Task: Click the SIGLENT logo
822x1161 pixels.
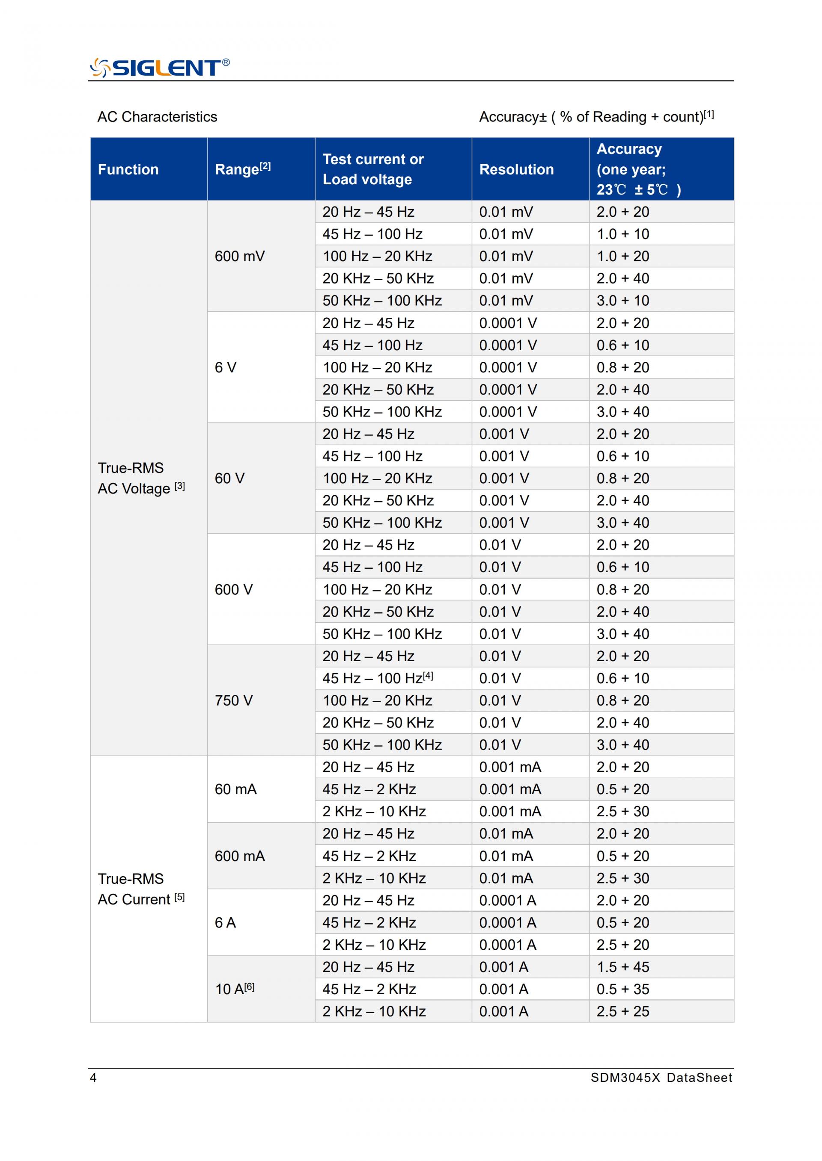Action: click(159, 68)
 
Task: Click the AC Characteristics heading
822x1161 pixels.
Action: click(157, 117)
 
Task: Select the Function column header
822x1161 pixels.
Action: click(128, 169)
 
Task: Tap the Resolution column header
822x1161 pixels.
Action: click(516, 169)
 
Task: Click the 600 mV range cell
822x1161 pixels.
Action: click(239, 257)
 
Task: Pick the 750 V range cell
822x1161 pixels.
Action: click(233, 700)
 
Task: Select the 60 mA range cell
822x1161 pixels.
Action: click(235, 789)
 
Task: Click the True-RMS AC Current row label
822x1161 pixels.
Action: click(141, 889)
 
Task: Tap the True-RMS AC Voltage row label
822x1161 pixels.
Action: click(141, 478)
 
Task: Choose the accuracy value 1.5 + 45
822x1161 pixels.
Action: click(622, 967)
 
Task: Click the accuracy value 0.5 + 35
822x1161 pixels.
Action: click(622, 989)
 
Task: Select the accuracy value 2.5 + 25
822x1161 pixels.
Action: click(622, 1011)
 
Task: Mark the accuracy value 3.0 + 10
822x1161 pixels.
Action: click(622, 300)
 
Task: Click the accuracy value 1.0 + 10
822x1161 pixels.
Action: click(622, 234)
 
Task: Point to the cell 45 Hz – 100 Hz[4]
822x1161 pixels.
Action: click(378, 678)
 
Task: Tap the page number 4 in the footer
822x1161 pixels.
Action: click(93, 1078)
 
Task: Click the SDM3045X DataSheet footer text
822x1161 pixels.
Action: click(661, 1078)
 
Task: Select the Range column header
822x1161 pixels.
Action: click(242, 169)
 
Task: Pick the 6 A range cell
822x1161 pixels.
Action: click(225, 922)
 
